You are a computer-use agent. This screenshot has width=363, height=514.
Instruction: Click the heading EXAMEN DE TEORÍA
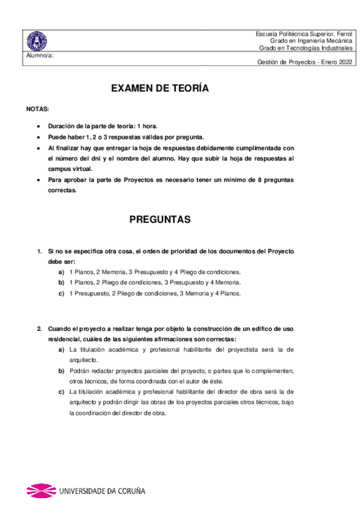(x=160, y=88)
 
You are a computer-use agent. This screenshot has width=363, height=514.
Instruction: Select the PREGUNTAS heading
(x=160, y=219)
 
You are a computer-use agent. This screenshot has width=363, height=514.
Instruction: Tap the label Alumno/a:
(x=39, y=56)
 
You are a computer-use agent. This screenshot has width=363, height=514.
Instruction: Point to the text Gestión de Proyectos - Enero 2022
(x=305, y=62)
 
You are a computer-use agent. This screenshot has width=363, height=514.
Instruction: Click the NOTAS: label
(x=38, y=109)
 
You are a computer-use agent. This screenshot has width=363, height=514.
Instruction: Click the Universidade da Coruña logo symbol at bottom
(x=39, y=490)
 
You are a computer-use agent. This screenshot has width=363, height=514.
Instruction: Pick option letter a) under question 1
(x=62, y=272)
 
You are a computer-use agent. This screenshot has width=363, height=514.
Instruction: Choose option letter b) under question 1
(x=62, y=282)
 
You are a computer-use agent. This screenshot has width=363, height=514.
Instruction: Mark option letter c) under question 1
(x=62, y=293)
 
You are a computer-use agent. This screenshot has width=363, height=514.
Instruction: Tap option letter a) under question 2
(x=62, y=350)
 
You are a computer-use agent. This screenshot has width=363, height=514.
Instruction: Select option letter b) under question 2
(x=62, y=371)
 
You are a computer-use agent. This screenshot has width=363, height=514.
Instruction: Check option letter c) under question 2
(x=62, y=392)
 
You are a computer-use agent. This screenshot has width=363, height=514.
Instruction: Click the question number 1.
(x=39, y=251)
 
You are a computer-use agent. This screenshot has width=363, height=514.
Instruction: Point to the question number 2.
(x=39, y=329)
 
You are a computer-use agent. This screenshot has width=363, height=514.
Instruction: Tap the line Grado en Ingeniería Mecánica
(x=311, y=41)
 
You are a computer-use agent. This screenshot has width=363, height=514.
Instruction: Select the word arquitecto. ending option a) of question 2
(x=84, y=360)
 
